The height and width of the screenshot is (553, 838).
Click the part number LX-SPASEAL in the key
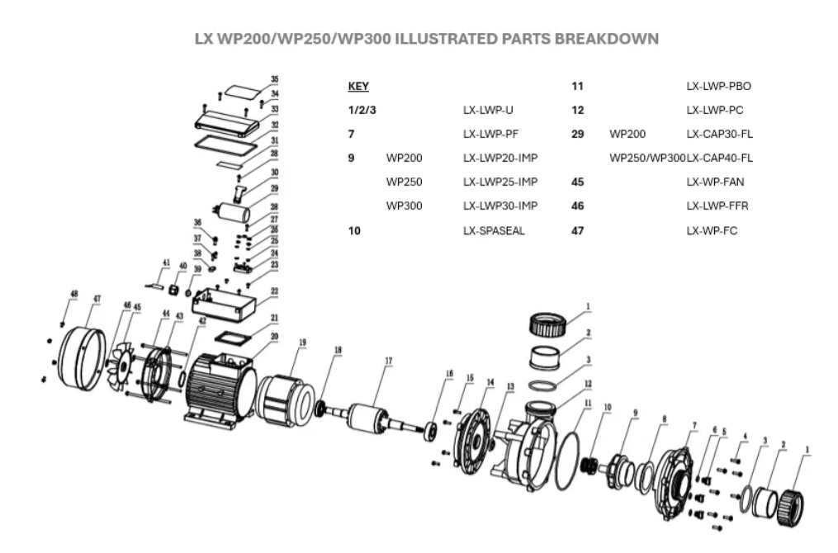pyautogui.click(x=494, y=231)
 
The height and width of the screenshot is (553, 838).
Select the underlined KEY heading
pyautogui.click(x=358, y=86)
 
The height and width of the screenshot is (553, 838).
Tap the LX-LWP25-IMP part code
pyautogui.click(x=500, y=182)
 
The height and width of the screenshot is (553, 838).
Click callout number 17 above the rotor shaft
pyautogui.click(x=388, y=360)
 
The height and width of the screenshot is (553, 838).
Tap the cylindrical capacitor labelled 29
pyautogui.click(x=233, y=212)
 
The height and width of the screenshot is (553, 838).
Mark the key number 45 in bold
pyautogui.click(x=578, y=182)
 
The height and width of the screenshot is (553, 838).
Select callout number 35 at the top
pyautogui.click(x=274, y=81)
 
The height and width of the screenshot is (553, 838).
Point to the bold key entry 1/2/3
pyautogui.click(x=363, y=110)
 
